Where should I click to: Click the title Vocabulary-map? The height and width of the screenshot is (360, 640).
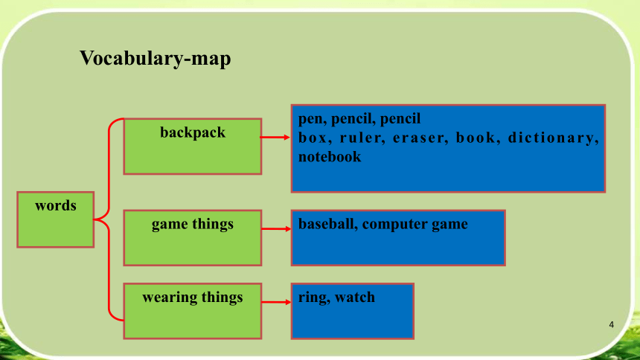[155, 58]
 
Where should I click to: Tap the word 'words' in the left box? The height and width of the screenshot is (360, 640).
[56, 205]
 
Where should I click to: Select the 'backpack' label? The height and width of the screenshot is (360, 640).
[193, 132]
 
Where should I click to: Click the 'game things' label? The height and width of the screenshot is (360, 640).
[193, 225]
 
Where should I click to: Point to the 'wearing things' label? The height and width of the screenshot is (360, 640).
[193, 298]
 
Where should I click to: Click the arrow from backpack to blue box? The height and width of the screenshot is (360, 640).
[275, 137]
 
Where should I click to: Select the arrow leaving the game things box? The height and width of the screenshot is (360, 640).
[276, 229]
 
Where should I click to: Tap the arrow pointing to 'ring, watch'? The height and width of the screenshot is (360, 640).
[276, 302]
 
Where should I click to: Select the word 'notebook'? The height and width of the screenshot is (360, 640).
[330, 157]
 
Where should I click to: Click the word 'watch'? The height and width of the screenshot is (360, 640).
[355, 298]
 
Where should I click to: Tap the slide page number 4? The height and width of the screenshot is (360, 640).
[612, 324]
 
